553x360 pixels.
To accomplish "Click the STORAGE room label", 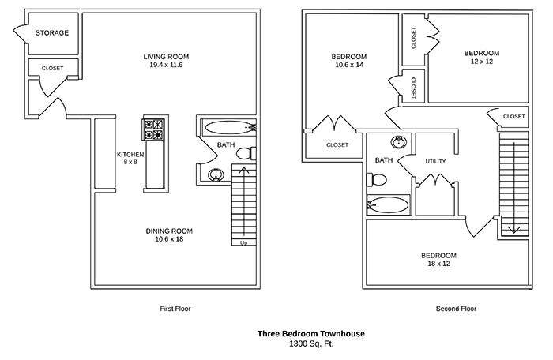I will click(52, 33).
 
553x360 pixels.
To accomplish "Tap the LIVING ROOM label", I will click(167, 56).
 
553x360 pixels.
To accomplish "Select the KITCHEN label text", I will click(129, 154).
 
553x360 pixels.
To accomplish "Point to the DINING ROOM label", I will click(169, 231).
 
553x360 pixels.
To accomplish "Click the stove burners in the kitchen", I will click(153, 129).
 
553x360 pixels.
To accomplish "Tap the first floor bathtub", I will click(229, 126).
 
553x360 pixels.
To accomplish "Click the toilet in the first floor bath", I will click(246, 152).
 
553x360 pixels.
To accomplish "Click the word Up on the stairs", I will click(243, 242).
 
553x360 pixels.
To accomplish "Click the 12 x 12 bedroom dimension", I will click(482, 62).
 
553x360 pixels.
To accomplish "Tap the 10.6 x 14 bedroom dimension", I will click(348, 66).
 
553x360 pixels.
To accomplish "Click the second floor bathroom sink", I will click(399, 143).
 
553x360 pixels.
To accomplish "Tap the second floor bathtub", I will click(389, 206).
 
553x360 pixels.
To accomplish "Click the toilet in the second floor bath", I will click(377, 180).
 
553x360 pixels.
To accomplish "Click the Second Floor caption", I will click(456, 309).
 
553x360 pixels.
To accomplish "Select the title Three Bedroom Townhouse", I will click(310, 334).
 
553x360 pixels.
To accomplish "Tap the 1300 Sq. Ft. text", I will click(310, 345).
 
